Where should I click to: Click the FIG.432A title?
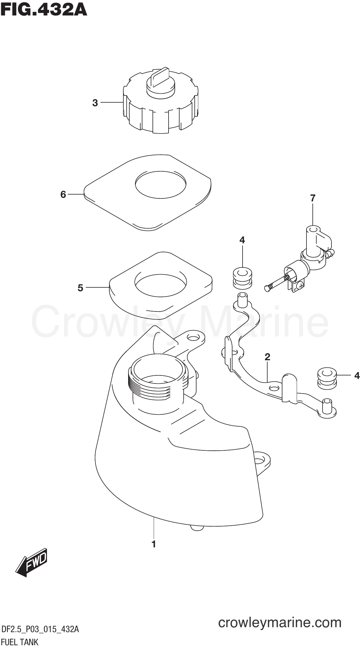[x=44, y=10]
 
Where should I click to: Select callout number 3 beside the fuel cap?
[x=95, y=103]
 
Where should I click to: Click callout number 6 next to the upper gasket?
[x=63, y=195]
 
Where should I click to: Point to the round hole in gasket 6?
[x=161, y=184]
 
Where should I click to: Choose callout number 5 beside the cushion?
[x=80, y=288]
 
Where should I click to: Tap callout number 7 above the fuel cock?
[x=312, y=198]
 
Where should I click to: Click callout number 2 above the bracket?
[x=267, y=357]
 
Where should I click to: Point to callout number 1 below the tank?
[x=153, y=544]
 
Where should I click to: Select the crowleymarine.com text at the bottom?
[x=280, y=622]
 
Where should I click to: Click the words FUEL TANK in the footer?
[x=20, y=642]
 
